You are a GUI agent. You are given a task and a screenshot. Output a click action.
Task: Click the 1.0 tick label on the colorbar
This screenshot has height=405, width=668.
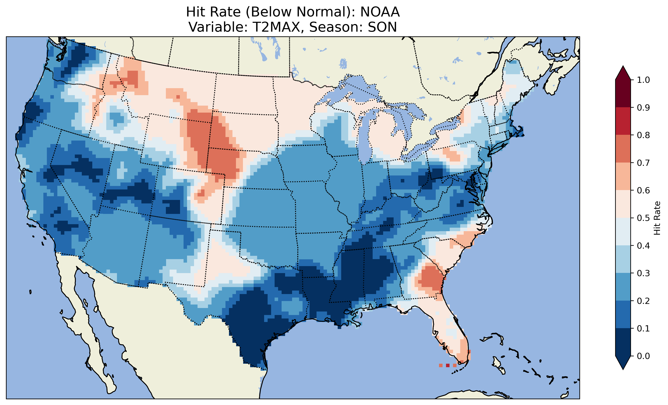pos(644,80)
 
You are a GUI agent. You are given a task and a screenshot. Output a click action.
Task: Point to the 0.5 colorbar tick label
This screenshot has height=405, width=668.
pos(644,218)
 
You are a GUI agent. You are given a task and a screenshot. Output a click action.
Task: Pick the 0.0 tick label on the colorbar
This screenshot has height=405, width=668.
pos(644,356)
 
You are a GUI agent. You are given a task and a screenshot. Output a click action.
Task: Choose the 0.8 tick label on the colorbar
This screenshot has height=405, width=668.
pos(644,135)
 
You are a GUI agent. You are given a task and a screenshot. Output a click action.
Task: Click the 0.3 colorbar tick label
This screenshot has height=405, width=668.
pos(644,273)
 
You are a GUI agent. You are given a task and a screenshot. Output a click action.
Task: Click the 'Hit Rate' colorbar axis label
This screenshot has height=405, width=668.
pos(657,218)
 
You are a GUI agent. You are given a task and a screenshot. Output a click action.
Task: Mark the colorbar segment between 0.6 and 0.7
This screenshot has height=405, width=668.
pos(623,176)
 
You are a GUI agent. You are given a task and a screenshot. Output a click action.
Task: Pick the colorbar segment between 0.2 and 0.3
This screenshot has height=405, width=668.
pos(623,287)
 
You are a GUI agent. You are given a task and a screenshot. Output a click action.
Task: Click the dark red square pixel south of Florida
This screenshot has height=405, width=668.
pos(448,365)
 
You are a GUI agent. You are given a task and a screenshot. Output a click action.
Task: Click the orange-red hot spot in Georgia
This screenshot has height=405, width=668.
pos(430,279)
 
